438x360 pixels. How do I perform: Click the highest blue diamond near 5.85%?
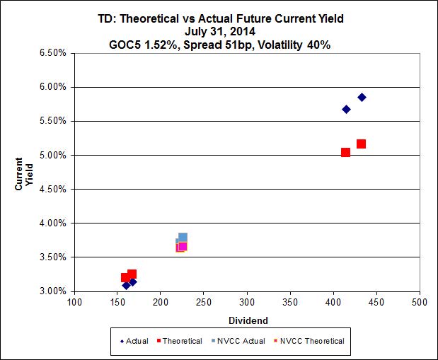click(x=362, y=97)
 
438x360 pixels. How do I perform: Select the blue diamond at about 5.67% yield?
click(x=346, y=109)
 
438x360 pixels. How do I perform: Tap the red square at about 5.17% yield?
click(x=361, y=144)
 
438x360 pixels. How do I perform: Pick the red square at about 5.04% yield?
click(x=345, y=152)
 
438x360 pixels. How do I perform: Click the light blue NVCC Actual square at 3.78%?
click(x=183, y=238)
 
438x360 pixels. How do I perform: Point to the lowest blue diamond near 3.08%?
click(x=126, y=285)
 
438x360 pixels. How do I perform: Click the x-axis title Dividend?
click(x=247, y=319)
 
